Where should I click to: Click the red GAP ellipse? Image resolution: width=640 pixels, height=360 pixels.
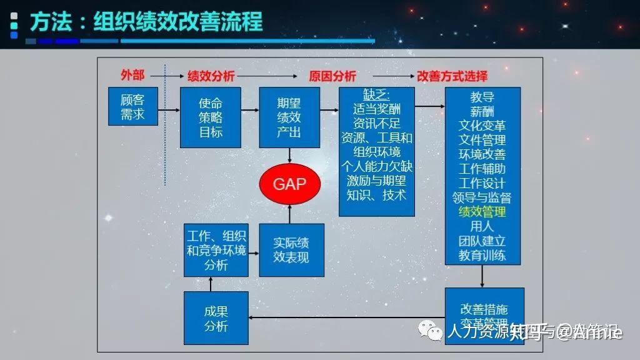tap(289, 184)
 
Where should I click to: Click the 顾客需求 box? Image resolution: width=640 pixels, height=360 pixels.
tap(132, 106)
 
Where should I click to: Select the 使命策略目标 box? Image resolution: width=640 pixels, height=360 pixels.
tap(210, 117)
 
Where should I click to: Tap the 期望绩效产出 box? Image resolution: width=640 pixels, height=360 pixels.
tap(289, 117)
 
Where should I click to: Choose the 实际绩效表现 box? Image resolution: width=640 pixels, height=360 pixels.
tap(291, 250)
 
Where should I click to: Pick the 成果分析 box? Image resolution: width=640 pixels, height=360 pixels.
tap(216, 318)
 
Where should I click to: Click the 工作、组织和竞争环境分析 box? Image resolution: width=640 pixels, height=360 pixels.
tap(216, 250)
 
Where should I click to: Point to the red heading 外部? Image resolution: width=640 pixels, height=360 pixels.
tap(132, 75)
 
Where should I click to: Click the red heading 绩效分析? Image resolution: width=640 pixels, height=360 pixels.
tap(211, 76)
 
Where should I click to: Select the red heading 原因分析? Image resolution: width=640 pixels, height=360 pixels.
tap(332, 76)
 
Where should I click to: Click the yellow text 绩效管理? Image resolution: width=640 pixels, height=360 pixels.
tap(482, 212)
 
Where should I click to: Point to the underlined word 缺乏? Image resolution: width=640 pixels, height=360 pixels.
tap(377, 95)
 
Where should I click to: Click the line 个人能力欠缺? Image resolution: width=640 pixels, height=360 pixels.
tap(377, 166)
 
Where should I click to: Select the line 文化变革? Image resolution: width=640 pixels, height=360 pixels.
tap(482, 126)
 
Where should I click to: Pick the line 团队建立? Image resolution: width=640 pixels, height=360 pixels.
tap(482, 241)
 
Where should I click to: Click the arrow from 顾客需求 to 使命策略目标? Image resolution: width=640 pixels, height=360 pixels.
tap(169, 111)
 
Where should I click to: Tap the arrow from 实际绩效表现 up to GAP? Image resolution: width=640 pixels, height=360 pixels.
tap(289, 214)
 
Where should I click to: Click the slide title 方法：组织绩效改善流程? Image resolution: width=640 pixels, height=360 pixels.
tap(146, 22)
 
